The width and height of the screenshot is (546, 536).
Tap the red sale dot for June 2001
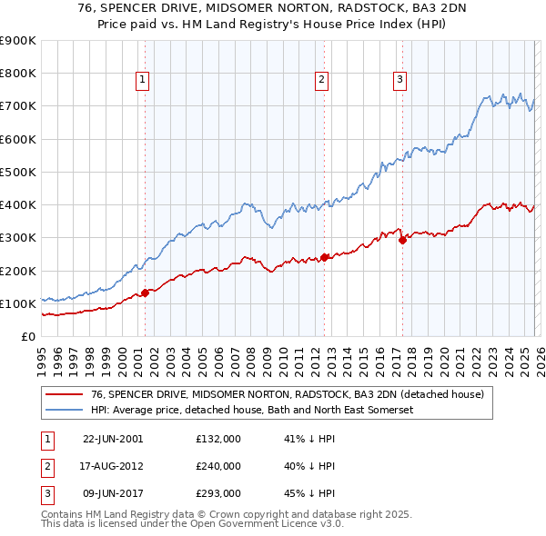[145, 293]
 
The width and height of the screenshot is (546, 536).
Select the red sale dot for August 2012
[324, 257]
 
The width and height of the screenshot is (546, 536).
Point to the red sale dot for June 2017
[402, 240]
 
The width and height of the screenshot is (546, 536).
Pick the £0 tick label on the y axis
[27, 336]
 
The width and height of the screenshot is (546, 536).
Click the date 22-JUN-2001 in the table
[113, 439]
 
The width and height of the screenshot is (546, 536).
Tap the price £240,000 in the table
[218, 466]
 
